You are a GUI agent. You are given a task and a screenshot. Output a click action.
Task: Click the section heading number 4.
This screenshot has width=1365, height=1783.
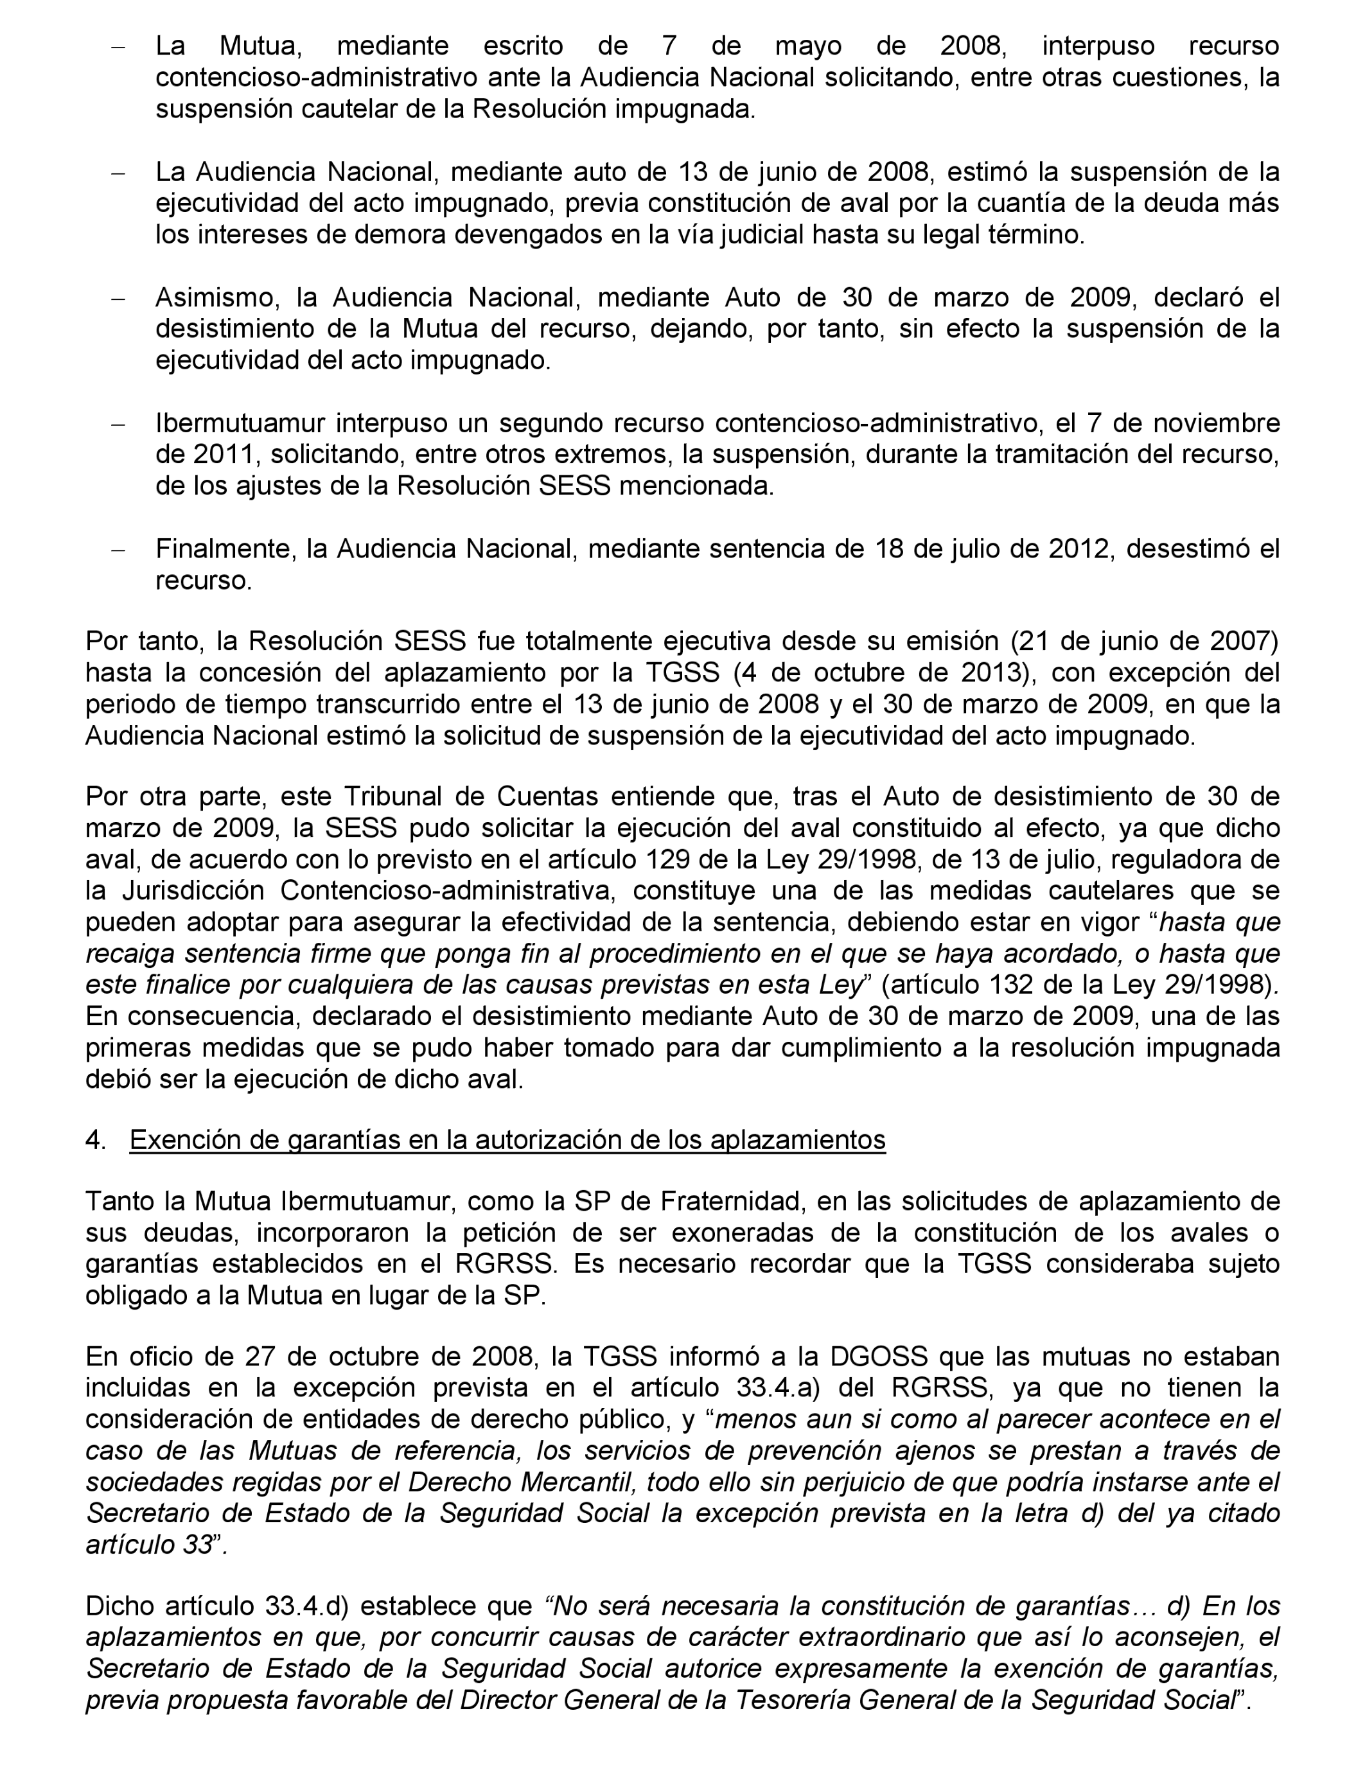[94, 1141]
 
